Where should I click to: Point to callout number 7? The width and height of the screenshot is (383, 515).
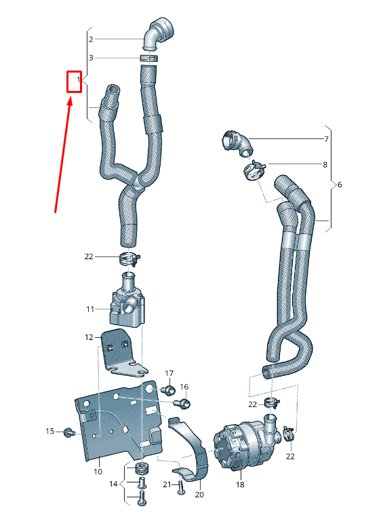coord(325,139)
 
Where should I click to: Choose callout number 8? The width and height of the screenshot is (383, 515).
coord(325,164)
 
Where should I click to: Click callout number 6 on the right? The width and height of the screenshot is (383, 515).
coord(340,185)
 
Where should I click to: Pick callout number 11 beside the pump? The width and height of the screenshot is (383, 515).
coord(89,309)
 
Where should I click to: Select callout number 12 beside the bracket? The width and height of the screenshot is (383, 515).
coord(89,337)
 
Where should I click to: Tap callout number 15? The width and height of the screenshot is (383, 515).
coord(49,431)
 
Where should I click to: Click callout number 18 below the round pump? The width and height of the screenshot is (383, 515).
coord(240,485)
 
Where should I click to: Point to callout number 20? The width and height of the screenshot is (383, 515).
coord(199,495)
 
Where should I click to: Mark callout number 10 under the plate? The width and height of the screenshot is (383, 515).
coord(97,471)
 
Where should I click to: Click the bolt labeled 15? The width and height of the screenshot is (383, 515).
coord(68,432)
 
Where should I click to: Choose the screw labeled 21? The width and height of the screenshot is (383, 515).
coord(180,487)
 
